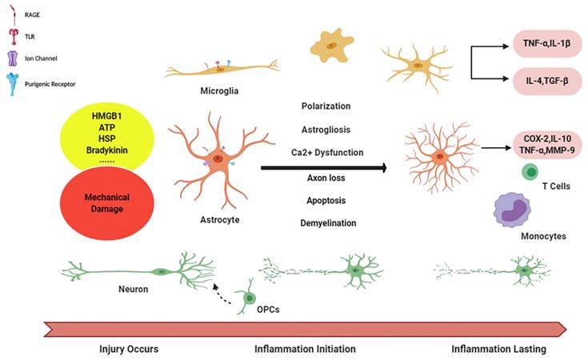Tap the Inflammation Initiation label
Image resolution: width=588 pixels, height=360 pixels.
click(305, 350)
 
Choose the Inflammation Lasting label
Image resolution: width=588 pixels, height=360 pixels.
click(495, 350)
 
